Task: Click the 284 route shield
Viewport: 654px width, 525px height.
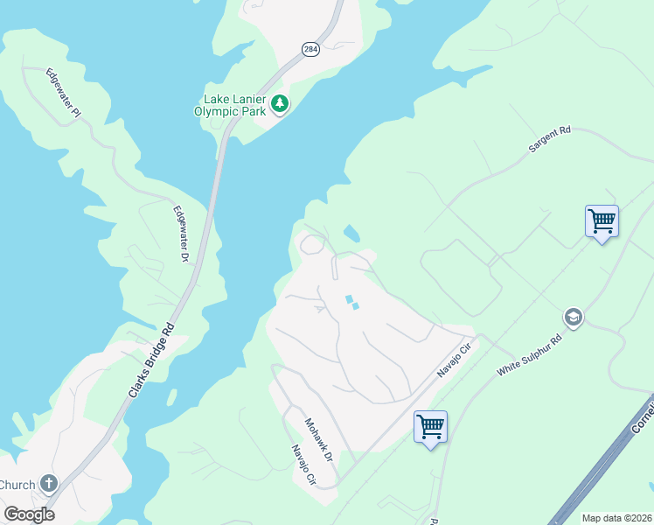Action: click(311, 50)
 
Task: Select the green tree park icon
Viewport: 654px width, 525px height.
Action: click(280, 104)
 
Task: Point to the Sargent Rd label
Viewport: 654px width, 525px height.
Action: click(549, 140)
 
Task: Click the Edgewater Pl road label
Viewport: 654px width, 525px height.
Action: click(63, 93)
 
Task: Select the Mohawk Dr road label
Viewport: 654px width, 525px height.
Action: click(318, 440)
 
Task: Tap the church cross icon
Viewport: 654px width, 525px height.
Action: click(48, 483)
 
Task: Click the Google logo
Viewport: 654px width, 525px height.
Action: click(29, 514)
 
